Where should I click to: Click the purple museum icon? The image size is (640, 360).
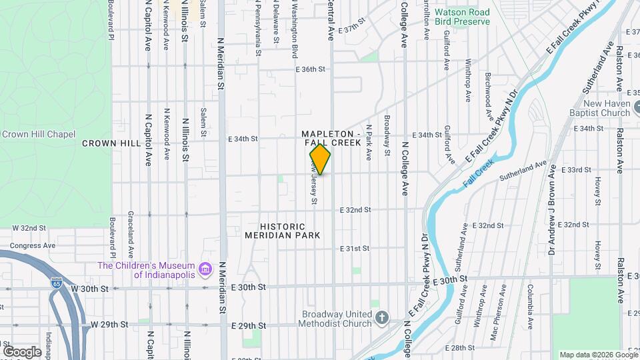[x=205, y=269]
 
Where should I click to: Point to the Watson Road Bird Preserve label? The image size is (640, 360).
[x=462, y=17]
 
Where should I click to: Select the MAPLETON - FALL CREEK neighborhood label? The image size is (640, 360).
[x=331, y=139]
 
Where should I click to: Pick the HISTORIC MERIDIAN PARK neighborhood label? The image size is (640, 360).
[x=282, y=231]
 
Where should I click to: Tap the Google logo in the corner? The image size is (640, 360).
[x=22, y=351]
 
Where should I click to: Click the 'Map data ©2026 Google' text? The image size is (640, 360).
[x=598, y=355]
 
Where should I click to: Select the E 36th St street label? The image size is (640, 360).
[x=309, y=69]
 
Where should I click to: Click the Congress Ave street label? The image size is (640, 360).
[x=27, y=245]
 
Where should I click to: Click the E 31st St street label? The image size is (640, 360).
[x=354, y=249]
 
